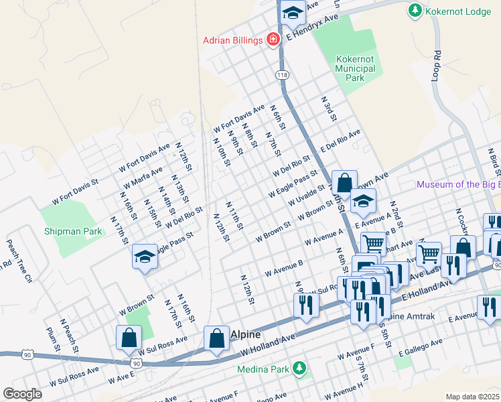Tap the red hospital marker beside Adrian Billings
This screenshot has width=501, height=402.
coord(273,41)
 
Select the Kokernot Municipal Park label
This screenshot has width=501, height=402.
coord(355,68)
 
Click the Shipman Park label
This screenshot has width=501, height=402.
coord(73,231)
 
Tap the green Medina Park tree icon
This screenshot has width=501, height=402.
coord(300,368)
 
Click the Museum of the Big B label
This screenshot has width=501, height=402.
coord(458,184)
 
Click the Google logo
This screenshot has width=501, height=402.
coord(22,394)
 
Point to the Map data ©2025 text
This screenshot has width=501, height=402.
coord(472,396)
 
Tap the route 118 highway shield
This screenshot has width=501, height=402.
coord(282,75)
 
